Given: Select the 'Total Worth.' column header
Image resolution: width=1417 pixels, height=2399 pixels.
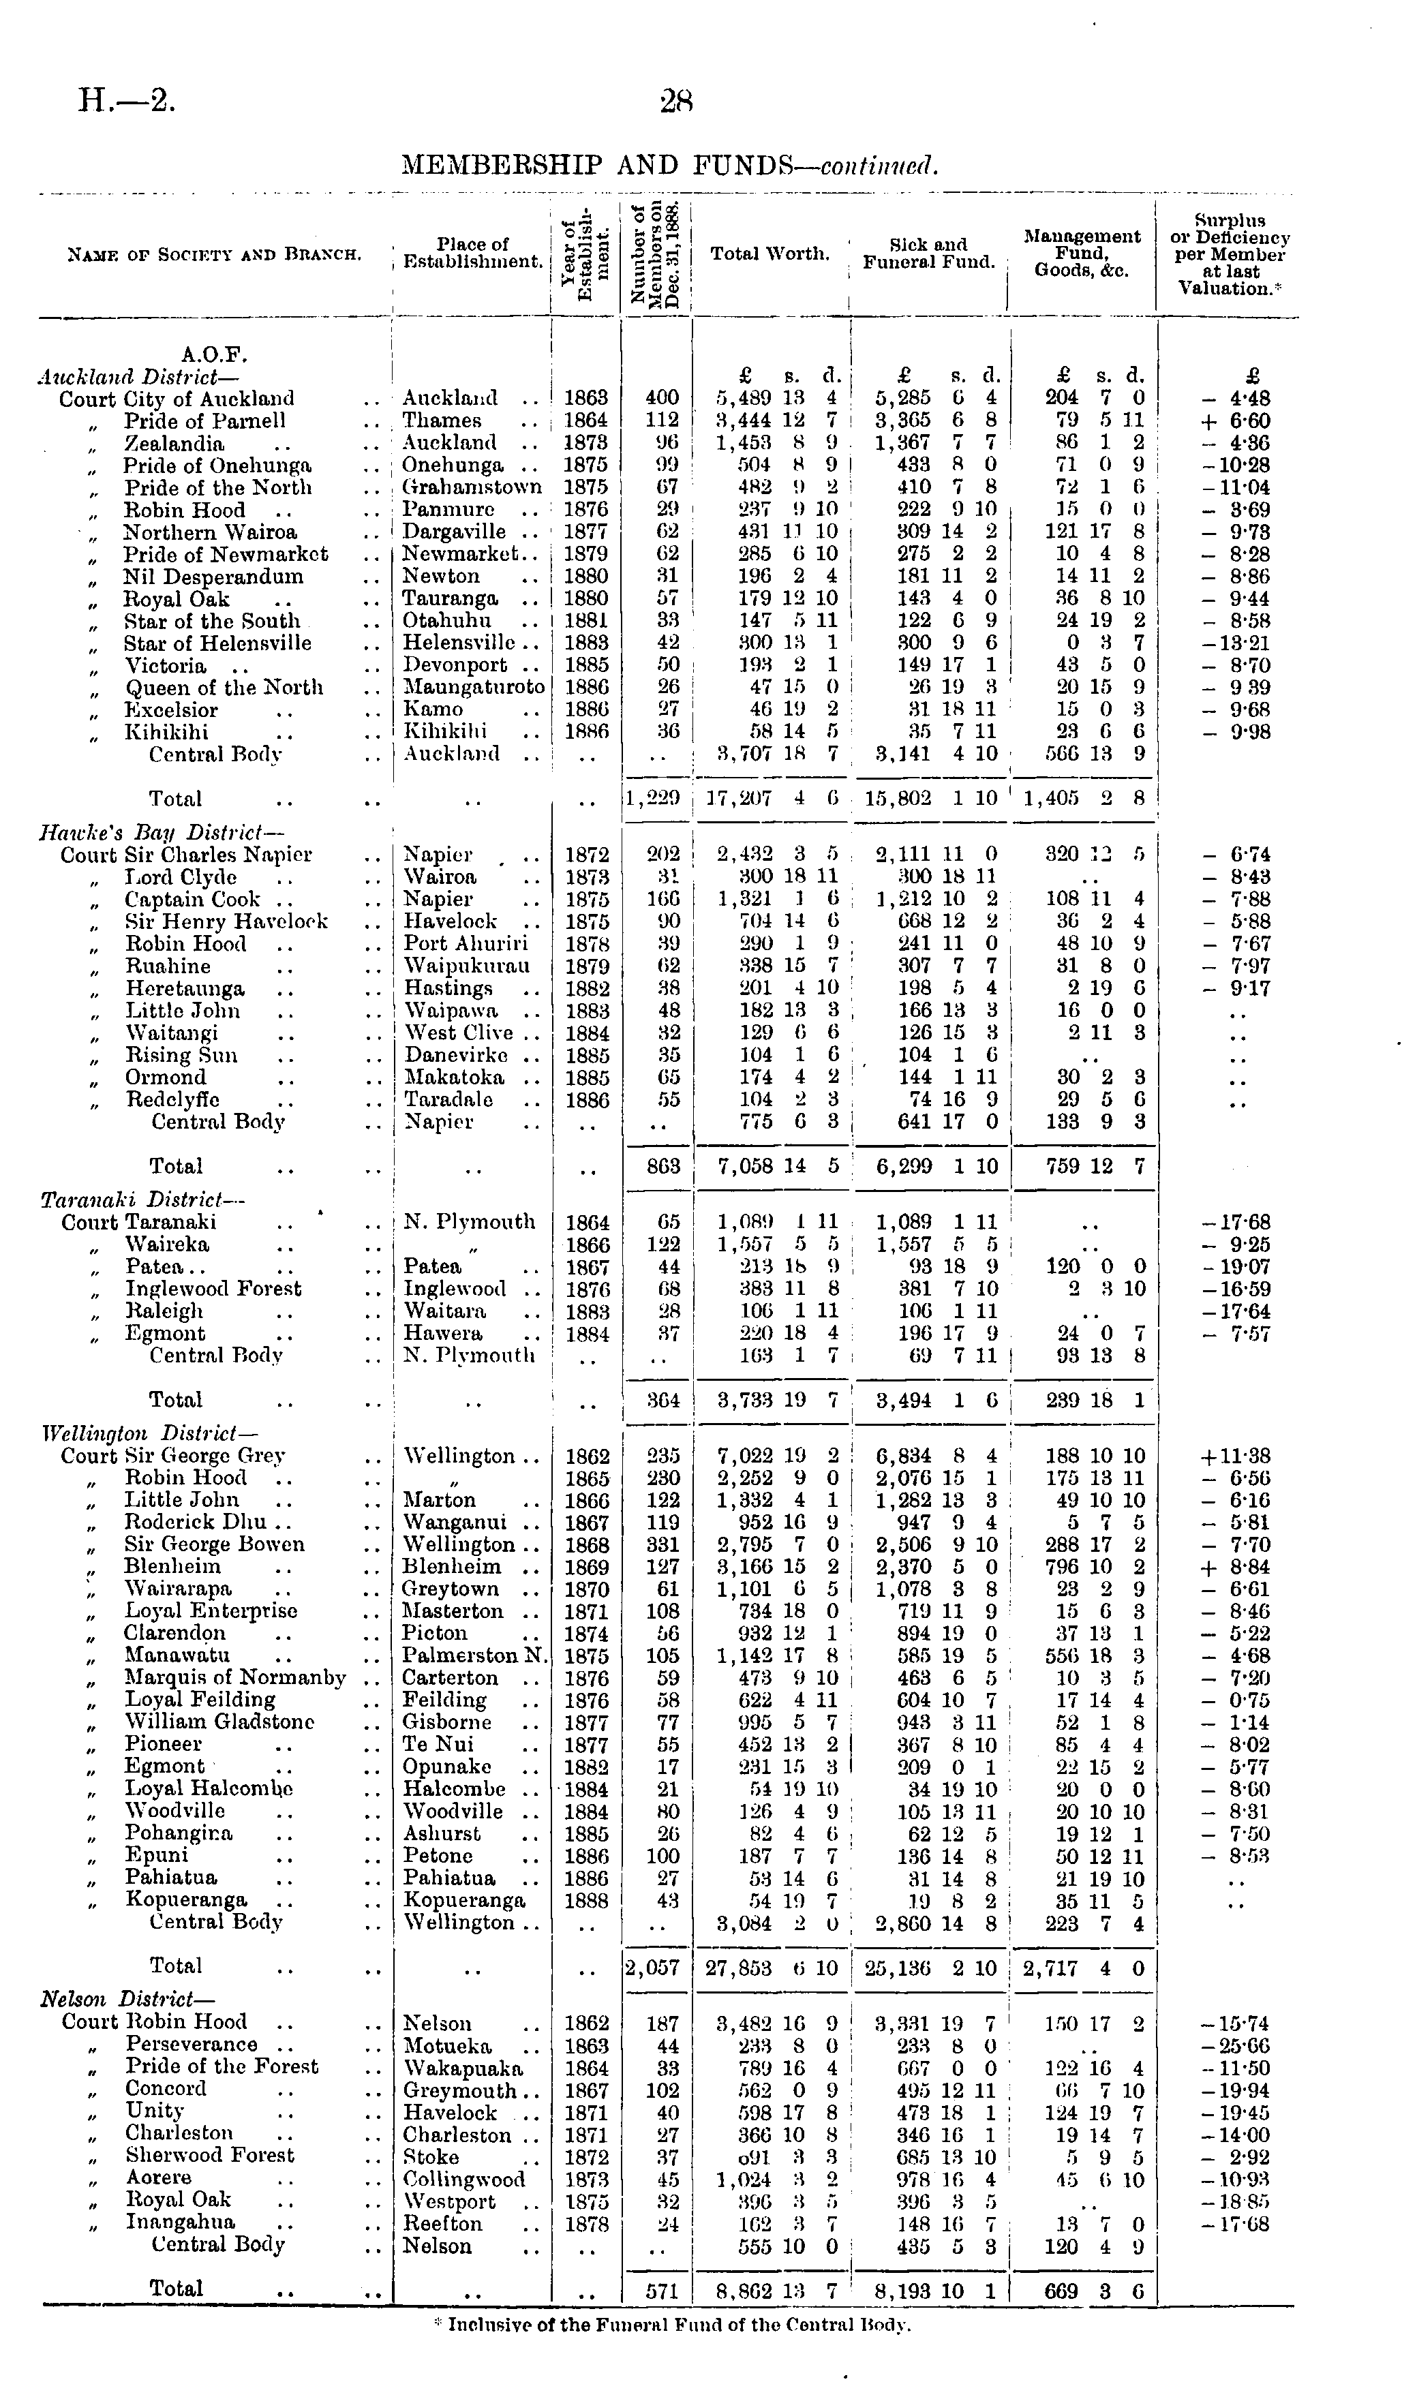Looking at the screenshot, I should coord(770,254).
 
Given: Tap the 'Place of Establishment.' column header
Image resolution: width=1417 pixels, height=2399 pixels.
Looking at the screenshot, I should coord(472,253).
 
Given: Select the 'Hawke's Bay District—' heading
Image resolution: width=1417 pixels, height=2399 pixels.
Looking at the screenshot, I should coord(162,832).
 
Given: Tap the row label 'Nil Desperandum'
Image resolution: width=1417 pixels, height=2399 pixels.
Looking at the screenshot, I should coord(214,577).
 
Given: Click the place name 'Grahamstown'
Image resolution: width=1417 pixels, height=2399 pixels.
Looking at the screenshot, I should coord(472,487).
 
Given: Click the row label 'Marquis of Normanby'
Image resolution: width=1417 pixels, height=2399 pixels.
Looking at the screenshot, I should coord(236,1677).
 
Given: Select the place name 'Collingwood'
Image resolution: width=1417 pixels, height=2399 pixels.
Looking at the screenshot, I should coord(464,2180).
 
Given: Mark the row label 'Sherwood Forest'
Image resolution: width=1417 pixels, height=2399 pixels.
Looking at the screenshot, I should coord(210,2156).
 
